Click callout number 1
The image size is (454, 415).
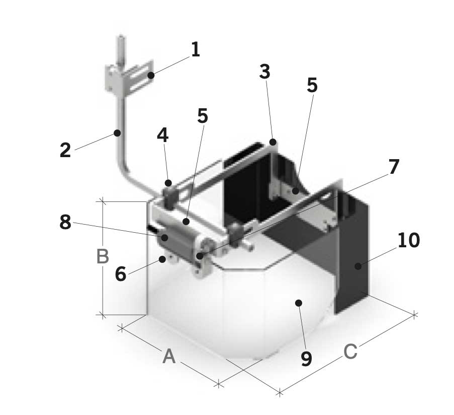[x=195, y=49]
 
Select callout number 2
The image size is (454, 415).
[x=65, y=150]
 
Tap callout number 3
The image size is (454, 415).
[x=265, y=72]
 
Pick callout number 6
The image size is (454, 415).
[x=120, y=274]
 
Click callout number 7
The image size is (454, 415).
[x=394, y=167]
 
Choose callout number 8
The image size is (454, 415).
[x=65, y=222]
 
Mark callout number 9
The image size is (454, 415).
[x=306, y=359]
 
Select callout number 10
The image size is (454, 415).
[x=408, y=241]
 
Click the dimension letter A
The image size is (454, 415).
[x=169, y=357]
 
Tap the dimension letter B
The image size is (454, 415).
[x=103, y=257]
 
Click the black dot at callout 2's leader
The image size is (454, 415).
[x=117, y=133]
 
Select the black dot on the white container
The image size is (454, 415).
[x=299, y=303]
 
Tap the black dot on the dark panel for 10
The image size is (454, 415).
[x=357, y=266]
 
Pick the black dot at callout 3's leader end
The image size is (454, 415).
[x=273, y=143]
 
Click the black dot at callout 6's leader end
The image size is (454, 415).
[x=162, y=259]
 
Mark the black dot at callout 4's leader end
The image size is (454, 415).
[x=169, y=182]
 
